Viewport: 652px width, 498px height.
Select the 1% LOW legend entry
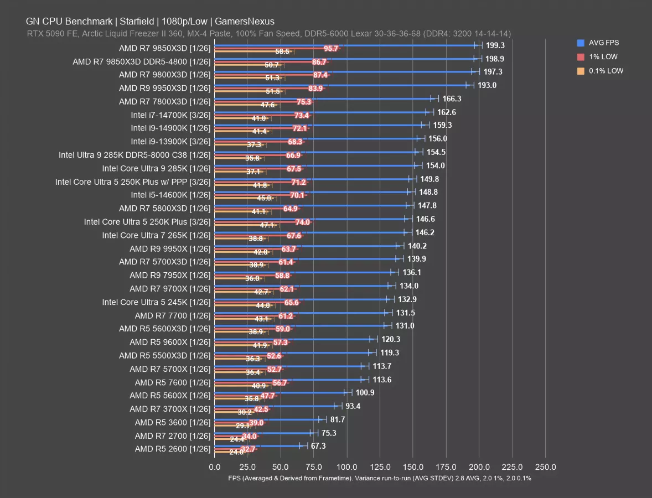(x=603, y=56)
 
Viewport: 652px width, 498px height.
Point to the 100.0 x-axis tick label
(x=346, y=466)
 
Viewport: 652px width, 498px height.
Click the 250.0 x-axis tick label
(x=545, y=466)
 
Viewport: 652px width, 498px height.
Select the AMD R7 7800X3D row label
(x=164, y=101)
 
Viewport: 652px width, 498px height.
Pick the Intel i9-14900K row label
(x=170, y=128)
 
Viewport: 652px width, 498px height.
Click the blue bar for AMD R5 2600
(x=260, y=445)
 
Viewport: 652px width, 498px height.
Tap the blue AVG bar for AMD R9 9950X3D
(x=343, y=85)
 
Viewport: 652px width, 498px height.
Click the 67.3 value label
(x=318, y=446)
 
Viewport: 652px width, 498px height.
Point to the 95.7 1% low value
(x=331, y=49)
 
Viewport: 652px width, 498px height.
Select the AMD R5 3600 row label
(x=173, y=422)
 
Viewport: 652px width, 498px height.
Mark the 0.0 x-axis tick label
(x=214, y=466)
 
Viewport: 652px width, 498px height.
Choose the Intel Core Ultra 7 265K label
(x=156, y=235)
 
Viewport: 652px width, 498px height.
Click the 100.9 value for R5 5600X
(x=365, y=392)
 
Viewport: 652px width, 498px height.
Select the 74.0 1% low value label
(x=302, y=222)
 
